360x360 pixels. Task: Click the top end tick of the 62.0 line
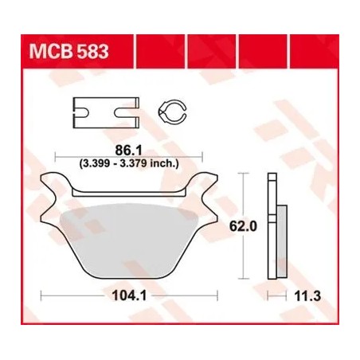point(244,173)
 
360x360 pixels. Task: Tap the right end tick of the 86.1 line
point(202,155)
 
